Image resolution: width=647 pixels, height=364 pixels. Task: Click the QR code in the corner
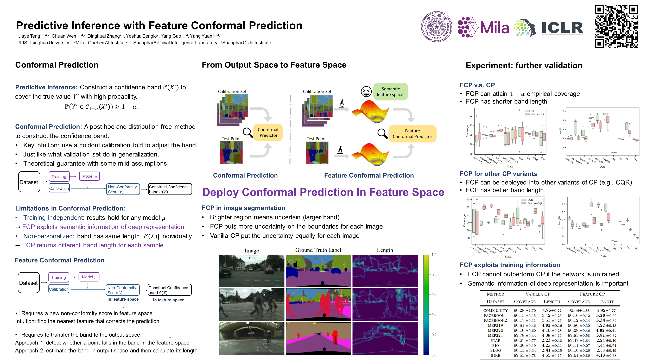point(616,26)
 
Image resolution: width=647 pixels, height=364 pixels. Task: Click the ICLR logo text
point(562,28)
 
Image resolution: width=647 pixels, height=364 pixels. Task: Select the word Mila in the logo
point(494,28)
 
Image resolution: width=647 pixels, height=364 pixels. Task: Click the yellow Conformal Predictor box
point(268,132)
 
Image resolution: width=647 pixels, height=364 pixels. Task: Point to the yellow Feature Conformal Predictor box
point(412,134)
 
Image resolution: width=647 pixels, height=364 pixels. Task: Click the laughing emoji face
point(366,91)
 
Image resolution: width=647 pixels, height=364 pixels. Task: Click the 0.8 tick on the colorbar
point(434,275)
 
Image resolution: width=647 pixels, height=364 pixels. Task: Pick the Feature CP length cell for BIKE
point(606,355)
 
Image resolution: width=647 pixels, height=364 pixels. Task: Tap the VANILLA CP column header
point(538,294)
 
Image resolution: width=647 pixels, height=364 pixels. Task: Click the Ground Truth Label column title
point(318,250)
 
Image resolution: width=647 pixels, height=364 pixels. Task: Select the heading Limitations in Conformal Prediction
point(70,209)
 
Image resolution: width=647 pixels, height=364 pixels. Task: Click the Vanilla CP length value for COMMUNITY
point(551,310)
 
